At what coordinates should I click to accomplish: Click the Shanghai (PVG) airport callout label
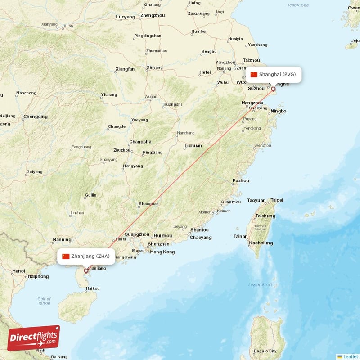click(x=274, y=75)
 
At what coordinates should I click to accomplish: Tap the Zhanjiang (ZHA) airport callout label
click(x=86, y=256)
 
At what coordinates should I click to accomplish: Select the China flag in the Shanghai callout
click(x=254, y=75)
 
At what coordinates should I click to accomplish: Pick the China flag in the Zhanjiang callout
click(x=66, y=256)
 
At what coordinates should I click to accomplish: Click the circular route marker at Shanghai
click(x=273, y=89)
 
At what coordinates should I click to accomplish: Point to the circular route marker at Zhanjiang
click(x=86, y=271)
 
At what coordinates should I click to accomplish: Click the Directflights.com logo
click(x=34, y=338)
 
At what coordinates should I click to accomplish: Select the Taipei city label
click(x=276, y=200)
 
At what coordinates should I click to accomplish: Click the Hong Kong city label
click(x=162, y=252)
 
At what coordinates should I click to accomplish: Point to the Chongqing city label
click(x=36, y=117)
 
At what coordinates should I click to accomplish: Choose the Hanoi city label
click(x=18, y=271)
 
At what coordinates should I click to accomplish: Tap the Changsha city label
click(x=140, y=142)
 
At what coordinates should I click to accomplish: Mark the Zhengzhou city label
click(x=153, y=15)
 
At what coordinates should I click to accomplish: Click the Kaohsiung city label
click(x=261, y=243)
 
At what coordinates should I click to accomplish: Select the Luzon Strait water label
click(x=260, y=285)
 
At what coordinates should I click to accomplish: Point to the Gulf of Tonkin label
click(x=44, y=301)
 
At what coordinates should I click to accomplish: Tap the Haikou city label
click(x=92, y=288)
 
